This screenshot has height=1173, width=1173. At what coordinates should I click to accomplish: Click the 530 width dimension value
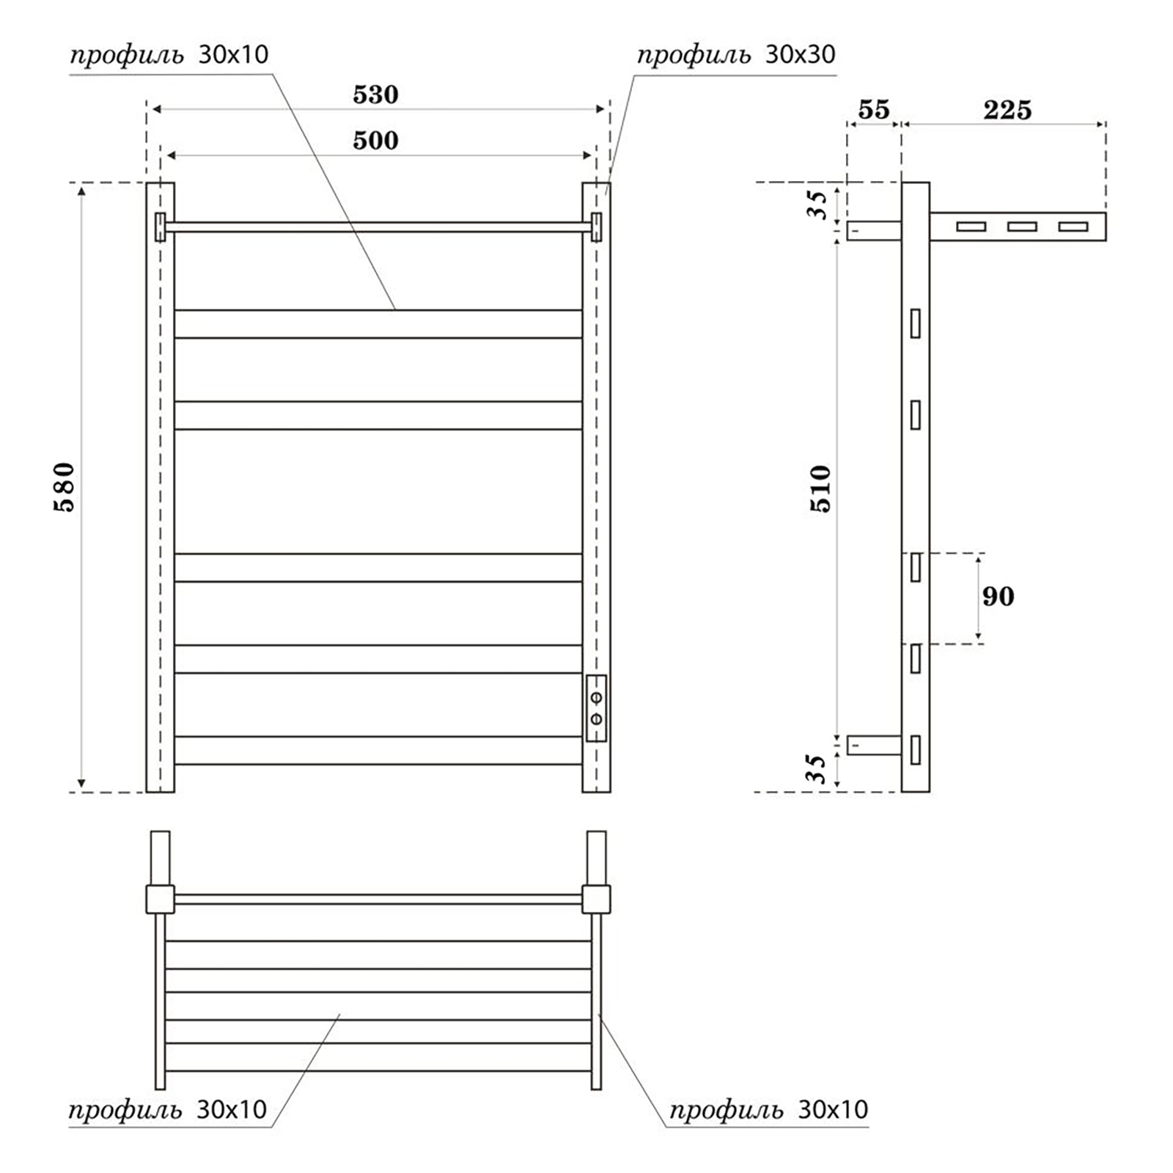click(x=375, y=95)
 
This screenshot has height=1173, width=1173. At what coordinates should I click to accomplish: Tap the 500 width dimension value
click(x=375, y=140)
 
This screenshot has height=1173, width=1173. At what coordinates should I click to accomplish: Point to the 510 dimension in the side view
click(x=820, y=488)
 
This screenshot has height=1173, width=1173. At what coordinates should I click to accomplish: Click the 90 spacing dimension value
click(x=999, y=596)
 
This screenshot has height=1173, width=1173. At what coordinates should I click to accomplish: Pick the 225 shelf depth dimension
click(x=1007, y=110)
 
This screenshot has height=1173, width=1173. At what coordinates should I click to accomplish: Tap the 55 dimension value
click(x=874, y=110)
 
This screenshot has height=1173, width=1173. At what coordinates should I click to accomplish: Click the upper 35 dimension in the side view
click(x=817, y=205)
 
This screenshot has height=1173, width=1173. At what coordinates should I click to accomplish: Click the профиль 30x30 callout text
click(x=735, y=54)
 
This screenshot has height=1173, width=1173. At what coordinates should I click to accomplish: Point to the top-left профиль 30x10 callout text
click(x=169, y=54)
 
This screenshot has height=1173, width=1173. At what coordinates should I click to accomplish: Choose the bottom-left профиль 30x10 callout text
click(x=168, y=1109)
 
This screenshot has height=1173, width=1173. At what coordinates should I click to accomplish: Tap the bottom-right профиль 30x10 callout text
click(x=768, y=1109)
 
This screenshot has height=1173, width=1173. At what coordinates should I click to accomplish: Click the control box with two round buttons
click(x=596, y=708)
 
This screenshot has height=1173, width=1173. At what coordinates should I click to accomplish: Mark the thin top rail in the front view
click(x=378, y=227)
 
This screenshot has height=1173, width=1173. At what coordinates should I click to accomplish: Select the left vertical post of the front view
click(x=160, y=487)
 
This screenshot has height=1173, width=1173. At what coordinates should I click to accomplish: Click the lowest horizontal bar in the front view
click(x=378, y=750)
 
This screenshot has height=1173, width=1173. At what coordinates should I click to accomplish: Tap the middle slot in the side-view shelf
click(x=1022, y=227)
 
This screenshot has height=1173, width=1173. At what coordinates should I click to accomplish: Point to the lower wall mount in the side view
click(x=874, y=745)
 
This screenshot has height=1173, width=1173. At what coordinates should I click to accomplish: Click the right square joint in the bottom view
click(x=597, y=899)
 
